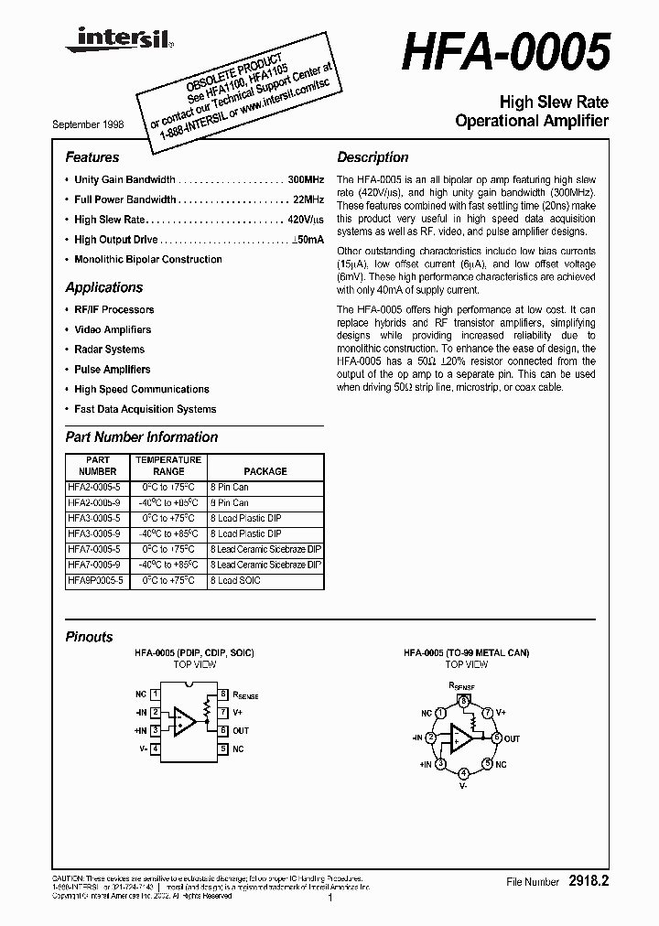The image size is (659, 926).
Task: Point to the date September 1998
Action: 88,124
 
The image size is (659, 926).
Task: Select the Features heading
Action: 92,157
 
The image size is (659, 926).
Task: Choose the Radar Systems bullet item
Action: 110,350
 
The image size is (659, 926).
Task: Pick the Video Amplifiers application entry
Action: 113,329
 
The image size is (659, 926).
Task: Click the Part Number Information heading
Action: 142,437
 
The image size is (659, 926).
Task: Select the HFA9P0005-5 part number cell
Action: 95,581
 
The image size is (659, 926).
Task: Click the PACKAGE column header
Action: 265,471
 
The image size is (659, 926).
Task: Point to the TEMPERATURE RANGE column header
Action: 167,466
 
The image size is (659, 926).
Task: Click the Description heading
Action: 373,157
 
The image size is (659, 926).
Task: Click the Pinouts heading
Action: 90,637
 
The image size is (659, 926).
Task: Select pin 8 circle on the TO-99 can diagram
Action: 465,702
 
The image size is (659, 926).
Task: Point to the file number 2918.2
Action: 589,882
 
